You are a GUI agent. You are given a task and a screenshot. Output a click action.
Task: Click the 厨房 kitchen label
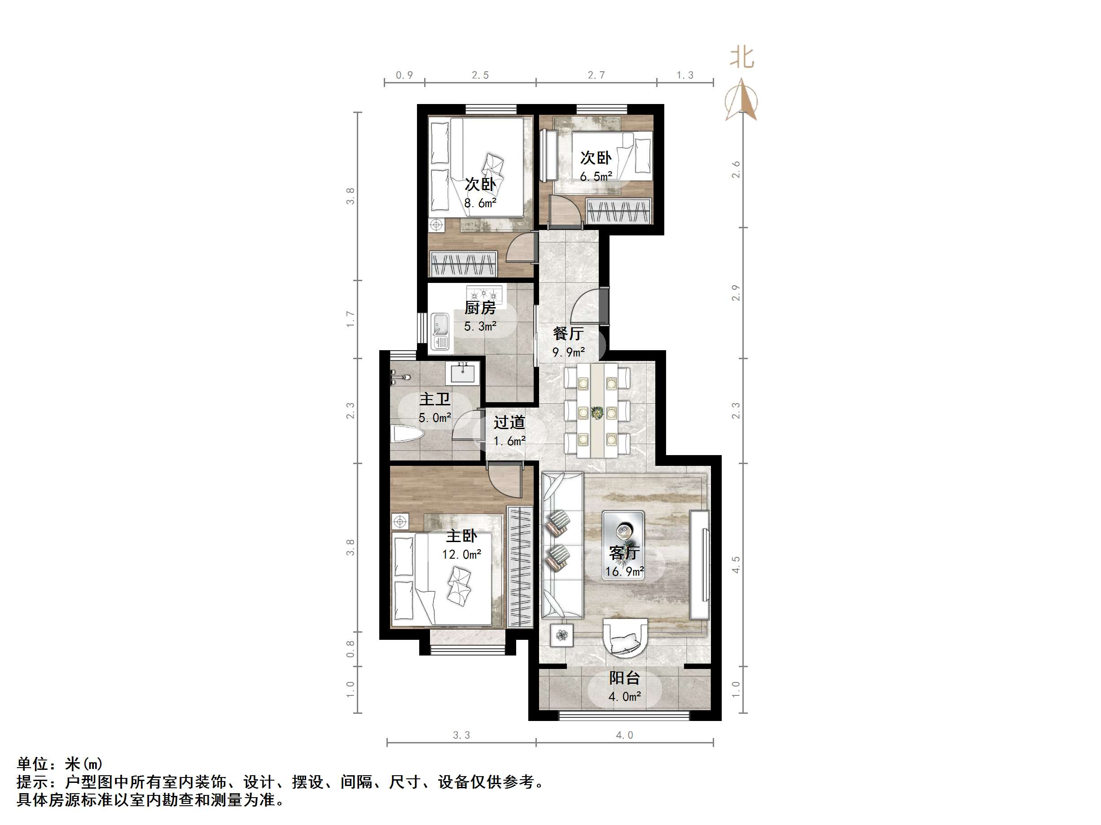tap(480, 308)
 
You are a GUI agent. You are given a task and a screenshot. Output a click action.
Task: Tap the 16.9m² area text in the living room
tap(625, 572)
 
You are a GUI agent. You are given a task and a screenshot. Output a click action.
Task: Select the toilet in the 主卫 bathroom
tap(407, 434)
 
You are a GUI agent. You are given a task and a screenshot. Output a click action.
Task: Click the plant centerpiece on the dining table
tap(597, 412)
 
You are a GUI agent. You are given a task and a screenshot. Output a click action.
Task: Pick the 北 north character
tap(741, 58)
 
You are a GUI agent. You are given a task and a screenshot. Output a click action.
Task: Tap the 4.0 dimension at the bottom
tap(624, 735)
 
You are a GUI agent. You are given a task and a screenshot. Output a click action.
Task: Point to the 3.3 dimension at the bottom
tap(461, 735)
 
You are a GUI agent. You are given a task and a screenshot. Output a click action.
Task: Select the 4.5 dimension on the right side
tap(736, 564)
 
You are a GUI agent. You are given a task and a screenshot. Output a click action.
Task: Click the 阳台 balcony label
tap(624, 678)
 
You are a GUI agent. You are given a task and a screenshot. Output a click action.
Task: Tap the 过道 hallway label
tap(509, 422)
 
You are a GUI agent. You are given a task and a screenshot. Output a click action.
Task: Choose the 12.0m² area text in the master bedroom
tap(461, 555)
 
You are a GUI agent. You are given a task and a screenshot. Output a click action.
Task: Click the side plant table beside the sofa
tap(562, 635)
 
